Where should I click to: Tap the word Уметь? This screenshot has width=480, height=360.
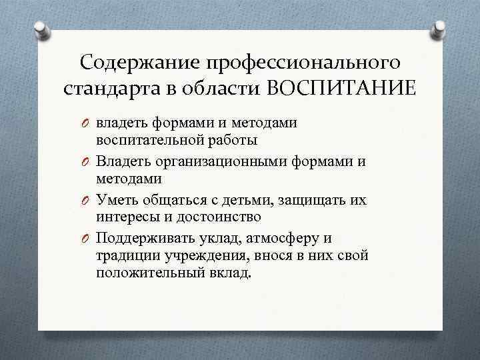pos(115,199)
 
